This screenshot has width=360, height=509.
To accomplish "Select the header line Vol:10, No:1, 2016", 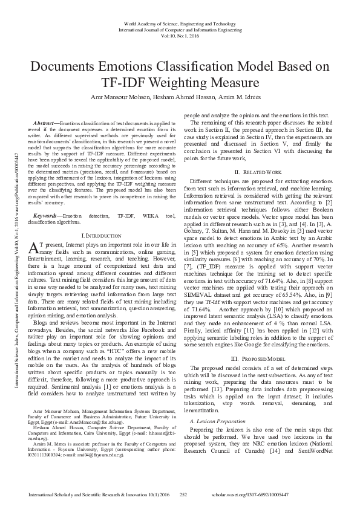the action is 180,34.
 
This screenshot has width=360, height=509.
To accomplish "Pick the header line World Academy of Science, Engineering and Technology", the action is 180,22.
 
